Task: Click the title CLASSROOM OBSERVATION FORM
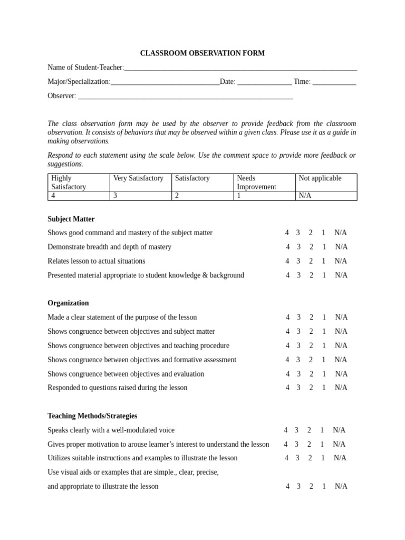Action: [x=202, y=53]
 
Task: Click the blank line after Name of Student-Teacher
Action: [x=240, y=69]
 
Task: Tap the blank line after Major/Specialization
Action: [x=165, y=83]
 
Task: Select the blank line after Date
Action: [x=264, y=83]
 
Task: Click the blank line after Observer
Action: [x=185, y=97]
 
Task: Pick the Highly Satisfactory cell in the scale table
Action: [x=79, y=182]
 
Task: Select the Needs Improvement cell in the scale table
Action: [x=264, y=182]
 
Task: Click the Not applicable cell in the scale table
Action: [x=326, y=182]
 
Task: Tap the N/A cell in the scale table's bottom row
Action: [x=326, y=196]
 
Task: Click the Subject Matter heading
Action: [x=71, y=219]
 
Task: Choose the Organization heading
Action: [x=68, y=303]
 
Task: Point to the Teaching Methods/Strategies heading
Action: [x=92, y=416]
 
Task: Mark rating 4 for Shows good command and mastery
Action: [x=287, y=233]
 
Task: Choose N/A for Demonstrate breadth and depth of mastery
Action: [x=341, y=247]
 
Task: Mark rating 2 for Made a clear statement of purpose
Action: [x=312, y=317]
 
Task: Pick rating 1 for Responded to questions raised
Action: [x=324, y=388]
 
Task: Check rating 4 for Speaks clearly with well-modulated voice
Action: [x=286, y=430]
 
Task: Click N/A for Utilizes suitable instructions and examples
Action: [x=340, y=458]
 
